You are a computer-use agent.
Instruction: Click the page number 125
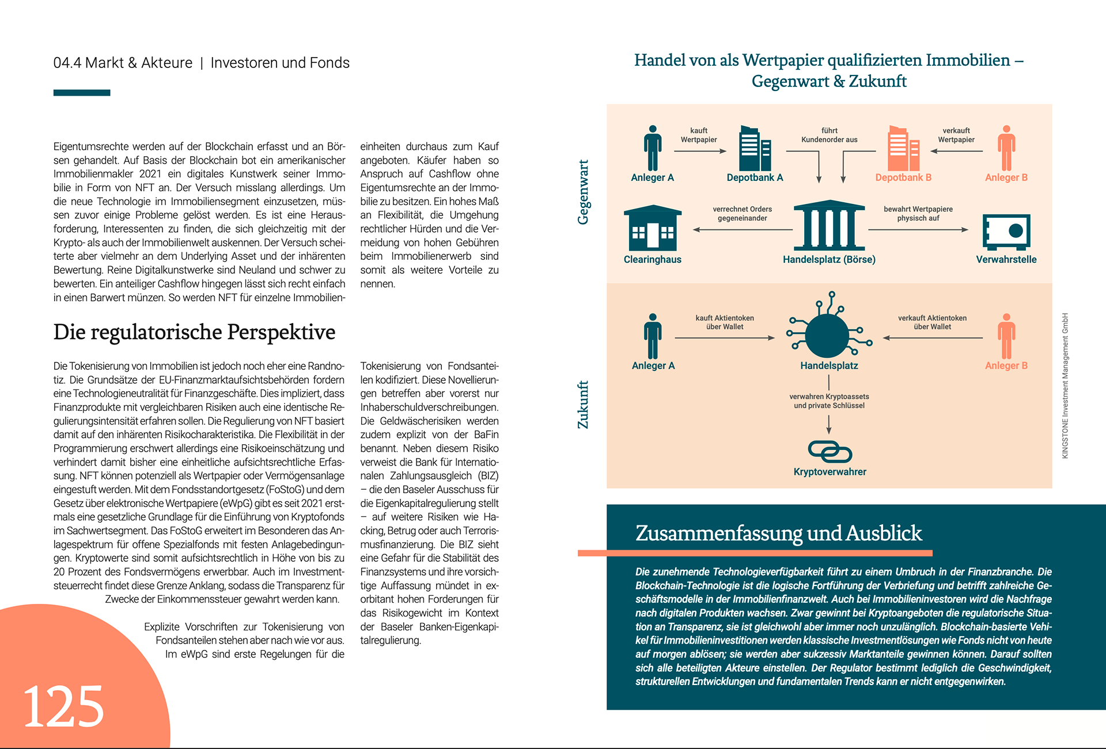[x=63, y=706]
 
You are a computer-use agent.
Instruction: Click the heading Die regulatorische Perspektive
[x=194, y=332]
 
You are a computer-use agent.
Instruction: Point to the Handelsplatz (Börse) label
[x=829, y=260]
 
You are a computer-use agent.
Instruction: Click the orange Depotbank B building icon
[x=903, y=148]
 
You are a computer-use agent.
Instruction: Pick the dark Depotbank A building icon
[x=755, y=148]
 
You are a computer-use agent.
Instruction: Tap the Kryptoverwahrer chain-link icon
[x=829, y=452]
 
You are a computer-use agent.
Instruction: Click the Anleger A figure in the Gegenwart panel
[x=652, y=148]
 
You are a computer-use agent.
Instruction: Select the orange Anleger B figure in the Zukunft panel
[x=1006, y=336]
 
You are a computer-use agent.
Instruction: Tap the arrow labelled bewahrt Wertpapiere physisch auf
[x=918, y=229]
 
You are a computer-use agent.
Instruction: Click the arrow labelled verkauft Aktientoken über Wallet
[x=933, y=338]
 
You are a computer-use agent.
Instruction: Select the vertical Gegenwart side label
[x=583, y=192]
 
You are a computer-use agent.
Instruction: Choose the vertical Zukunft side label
[x=583, y=404]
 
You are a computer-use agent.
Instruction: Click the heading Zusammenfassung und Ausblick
[x=778, y=533]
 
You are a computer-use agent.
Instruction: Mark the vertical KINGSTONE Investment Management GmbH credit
[x=1065, y=385]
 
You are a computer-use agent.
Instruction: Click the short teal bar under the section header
[x=82, y=93]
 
